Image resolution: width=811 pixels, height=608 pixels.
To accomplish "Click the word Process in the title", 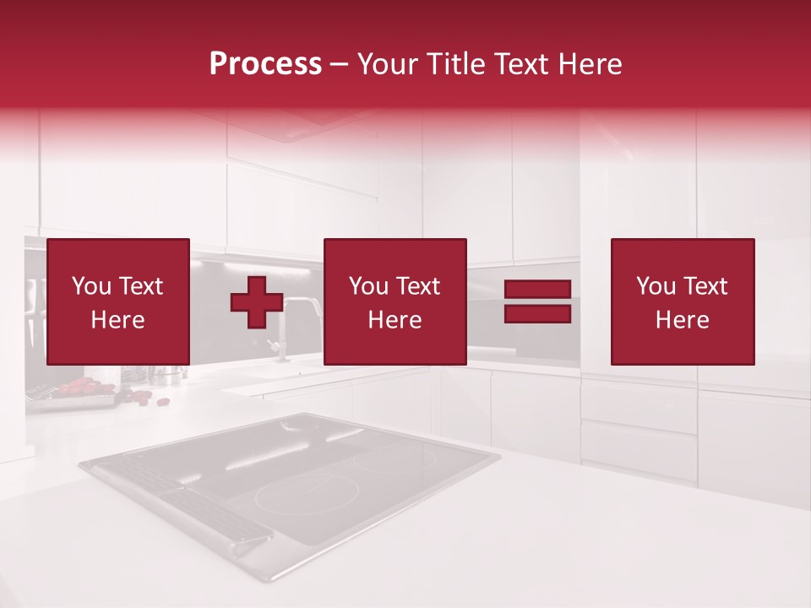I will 265,64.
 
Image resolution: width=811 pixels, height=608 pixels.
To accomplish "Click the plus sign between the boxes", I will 257,302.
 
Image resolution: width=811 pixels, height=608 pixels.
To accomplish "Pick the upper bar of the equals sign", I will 537,289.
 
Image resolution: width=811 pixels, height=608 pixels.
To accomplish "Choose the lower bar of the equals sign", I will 537,314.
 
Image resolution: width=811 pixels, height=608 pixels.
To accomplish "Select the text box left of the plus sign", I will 118,302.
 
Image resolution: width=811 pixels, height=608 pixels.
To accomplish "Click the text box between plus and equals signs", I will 395,302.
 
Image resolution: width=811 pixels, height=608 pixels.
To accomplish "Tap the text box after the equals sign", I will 683,302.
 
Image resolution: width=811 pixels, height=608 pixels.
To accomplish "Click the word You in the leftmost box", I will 90,286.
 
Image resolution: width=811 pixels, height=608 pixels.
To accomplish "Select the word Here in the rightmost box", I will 683,320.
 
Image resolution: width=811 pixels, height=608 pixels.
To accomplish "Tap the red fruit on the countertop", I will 80,386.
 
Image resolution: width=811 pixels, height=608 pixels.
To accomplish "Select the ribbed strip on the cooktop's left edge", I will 186,498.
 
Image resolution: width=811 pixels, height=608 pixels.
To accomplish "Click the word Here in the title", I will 588,64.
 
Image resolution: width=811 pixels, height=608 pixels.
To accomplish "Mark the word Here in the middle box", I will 395,320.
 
